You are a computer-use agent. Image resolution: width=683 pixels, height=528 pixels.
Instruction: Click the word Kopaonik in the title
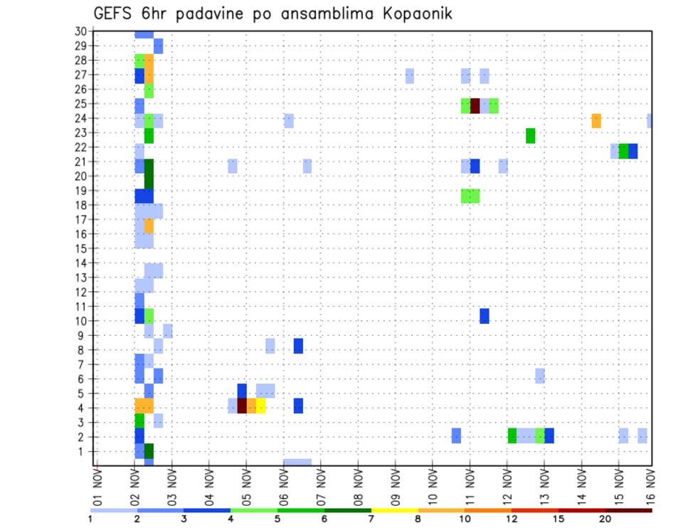(x=413, y=14)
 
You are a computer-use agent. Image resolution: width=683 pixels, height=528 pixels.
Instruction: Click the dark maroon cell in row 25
(x=475, y=105)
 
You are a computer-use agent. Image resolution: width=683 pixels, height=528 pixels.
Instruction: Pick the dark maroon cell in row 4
(x=242, y=406)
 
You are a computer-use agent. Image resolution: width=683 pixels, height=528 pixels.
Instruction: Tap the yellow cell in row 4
(x=261, y=406)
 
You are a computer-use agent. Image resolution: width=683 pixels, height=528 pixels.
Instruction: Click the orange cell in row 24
(x=596, y=120)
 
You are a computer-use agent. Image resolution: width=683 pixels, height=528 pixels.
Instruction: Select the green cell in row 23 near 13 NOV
(x=530, y=135)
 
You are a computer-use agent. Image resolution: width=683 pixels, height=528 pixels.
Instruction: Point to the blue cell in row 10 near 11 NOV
(x=484, y=316)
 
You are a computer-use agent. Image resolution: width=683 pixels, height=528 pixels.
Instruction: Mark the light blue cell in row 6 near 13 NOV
(x=540, y=376)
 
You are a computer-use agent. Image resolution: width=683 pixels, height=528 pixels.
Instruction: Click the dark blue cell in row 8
(x=298, y=346)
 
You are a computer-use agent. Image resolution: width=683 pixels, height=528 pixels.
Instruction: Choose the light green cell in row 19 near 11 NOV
(x=470, y=196)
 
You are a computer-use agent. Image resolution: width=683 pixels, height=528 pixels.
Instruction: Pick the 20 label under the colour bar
(x=605, y=519)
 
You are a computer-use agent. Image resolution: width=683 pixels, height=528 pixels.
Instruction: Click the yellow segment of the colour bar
(x=394, y=510)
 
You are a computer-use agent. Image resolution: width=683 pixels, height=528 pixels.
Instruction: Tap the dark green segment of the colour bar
(x=347, y=510)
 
